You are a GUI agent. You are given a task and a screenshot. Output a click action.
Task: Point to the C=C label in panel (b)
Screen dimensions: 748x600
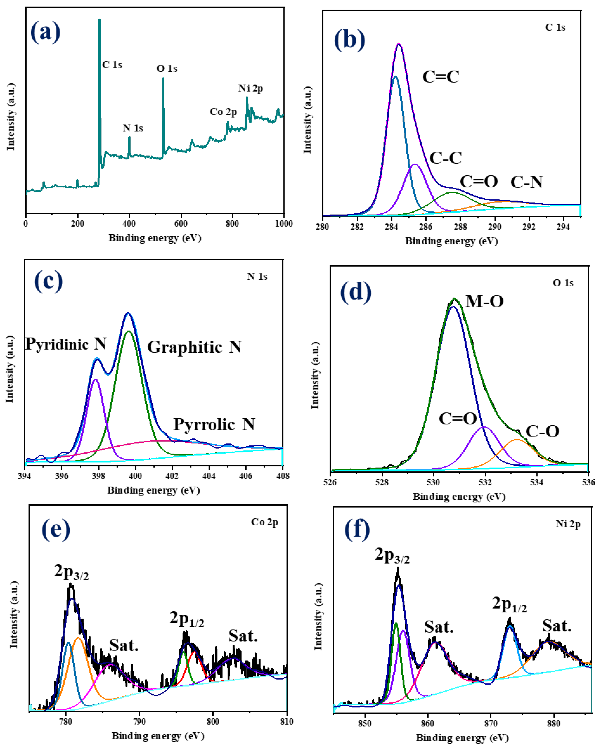(441, 77)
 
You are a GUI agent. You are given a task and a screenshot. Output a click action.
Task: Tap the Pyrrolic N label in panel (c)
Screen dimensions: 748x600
(214, 424)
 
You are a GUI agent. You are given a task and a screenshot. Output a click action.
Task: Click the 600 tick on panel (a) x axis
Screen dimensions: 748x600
(181, 224)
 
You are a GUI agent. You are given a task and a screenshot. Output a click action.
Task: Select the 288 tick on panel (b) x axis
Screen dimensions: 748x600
(460, 227)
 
